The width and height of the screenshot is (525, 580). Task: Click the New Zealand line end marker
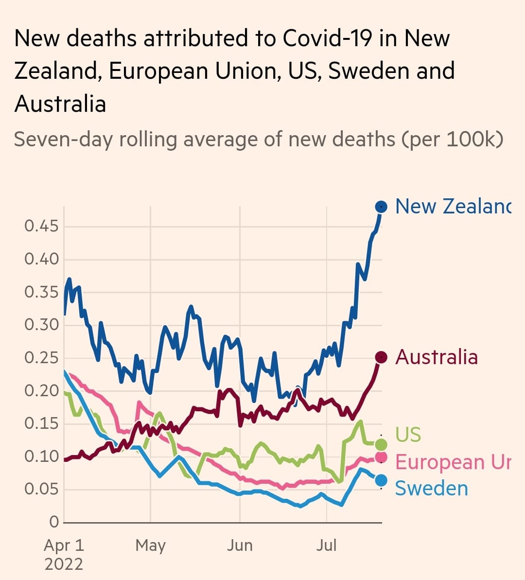[382, 207]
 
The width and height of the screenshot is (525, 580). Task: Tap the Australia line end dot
[382, 357]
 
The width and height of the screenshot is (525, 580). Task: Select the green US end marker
[382, 444]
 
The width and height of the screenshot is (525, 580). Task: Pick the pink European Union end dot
[382, 457]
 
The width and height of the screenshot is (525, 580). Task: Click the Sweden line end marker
[382, 480]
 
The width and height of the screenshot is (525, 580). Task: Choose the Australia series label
[437, 357]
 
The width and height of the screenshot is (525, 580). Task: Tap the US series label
[408, 434]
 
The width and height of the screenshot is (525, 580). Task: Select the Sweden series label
[431, 488]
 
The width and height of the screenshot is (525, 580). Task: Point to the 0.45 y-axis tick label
[41, 226]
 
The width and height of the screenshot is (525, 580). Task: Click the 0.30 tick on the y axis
[41, 325]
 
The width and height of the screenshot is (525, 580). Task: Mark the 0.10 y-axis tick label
[41, 457]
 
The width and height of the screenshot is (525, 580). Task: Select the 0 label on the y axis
[54, 522]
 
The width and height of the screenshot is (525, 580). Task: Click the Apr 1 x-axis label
[64, 545]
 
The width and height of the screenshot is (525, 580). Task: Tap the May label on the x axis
[150, 545]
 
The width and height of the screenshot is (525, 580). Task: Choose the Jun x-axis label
[240, 545]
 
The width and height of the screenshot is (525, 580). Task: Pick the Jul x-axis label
[326, 545]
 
